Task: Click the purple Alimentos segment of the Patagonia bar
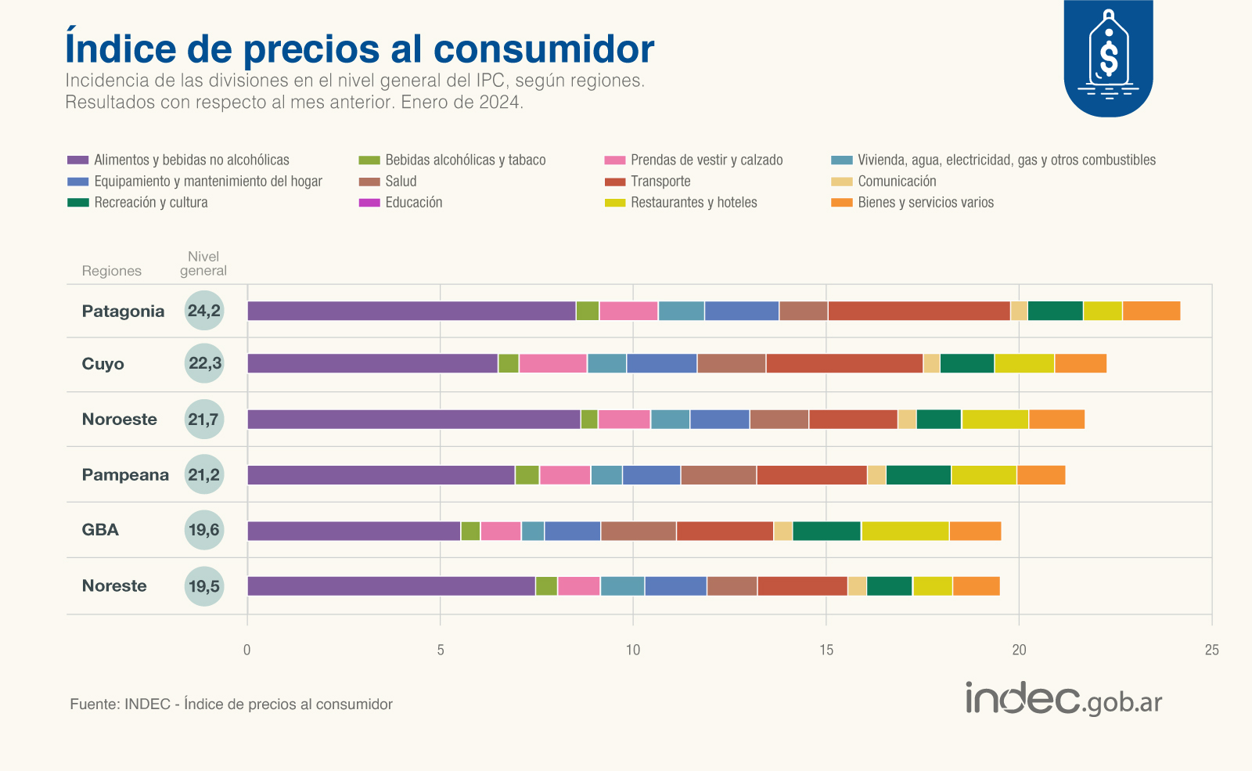click(412, 311)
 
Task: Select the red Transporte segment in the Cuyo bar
click(844, 363)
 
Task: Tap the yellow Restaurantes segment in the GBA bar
click(905, 531)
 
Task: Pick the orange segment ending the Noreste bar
click(976, 586)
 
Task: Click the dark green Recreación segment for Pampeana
click(918, 475)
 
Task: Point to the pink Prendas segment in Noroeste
click(624, 420)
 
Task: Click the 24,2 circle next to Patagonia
click(204, 311)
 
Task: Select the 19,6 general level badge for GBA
click(204, 530)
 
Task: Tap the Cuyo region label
click(103, 364)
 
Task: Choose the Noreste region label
click(114, 586)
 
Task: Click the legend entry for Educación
click(413, 203)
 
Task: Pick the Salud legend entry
click(401, 182)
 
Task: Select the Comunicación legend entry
click(896, 182)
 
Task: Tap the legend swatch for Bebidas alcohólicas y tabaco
click(369, 160)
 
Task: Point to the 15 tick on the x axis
click(826, 650)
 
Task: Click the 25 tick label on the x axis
click(1211, 650)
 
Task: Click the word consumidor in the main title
click(544, 49)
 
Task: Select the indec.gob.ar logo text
click(1063, 699)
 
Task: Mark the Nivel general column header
click(203, 264)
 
